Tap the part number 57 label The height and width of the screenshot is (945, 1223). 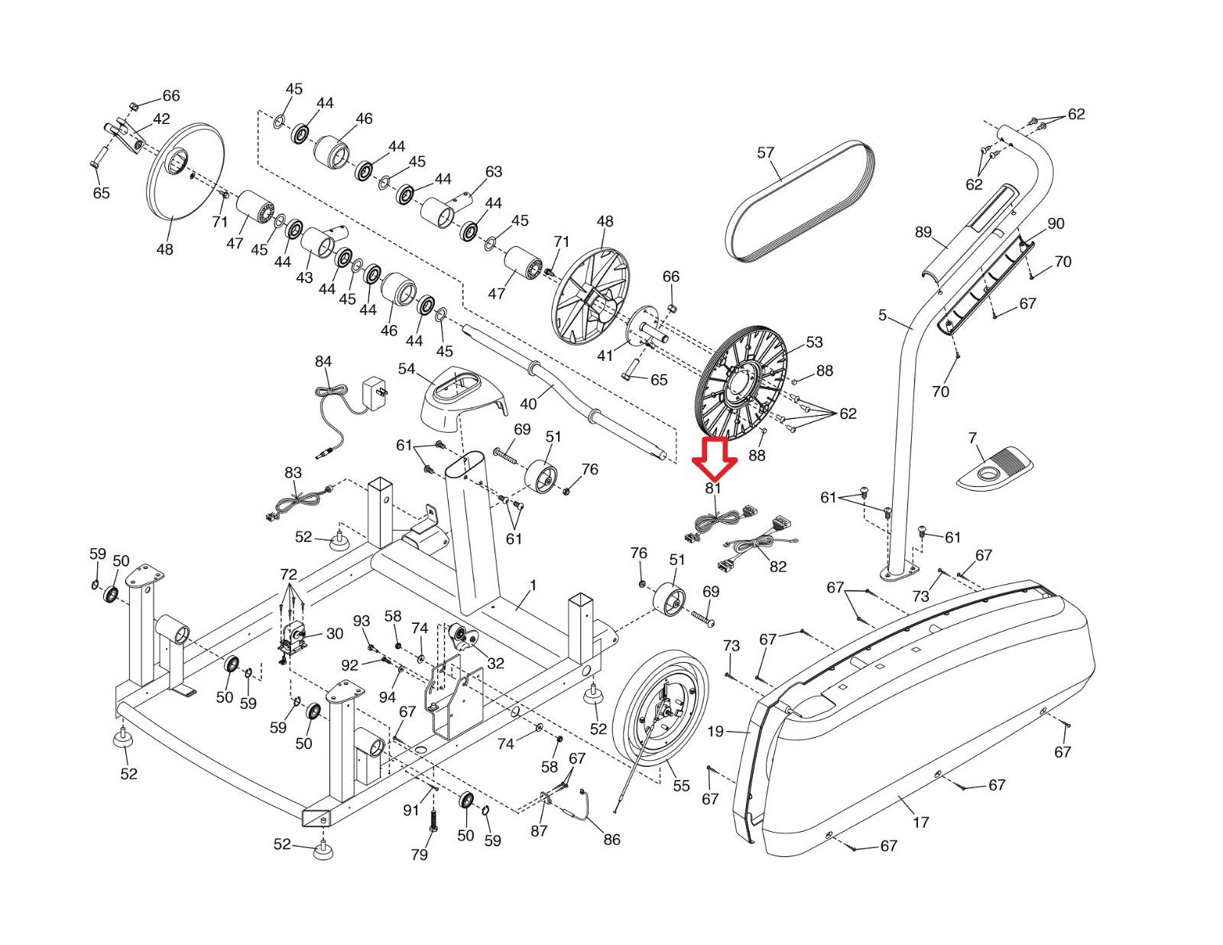point(765,152)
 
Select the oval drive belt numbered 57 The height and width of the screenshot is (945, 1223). point(800,201)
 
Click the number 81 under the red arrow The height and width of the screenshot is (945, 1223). point(712,488)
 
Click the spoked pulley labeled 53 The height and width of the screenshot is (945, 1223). point(741,383)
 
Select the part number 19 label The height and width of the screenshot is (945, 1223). point(715,732)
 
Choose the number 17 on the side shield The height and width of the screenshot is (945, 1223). point(921,823)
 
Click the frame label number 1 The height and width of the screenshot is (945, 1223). point(533,586)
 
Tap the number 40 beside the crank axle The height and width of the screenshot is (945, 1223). point(528,404)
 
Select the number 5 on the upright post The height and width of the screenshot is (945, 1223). point(883,315)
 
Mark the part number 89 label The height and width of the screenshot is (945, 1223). point(923,232)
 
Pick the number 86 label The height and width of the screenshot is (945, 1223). point(611,839)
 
